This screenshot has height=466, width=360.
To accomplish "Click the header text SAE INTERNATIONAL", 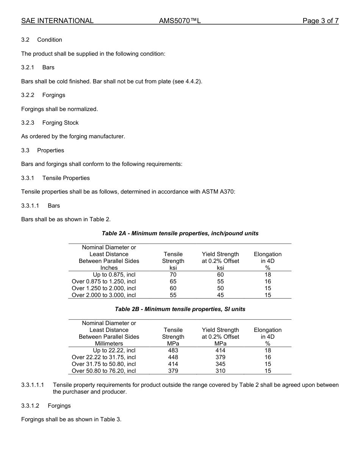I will pos(57,21).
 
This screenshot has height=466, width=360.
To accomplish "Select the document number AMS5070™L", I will pos(180,21).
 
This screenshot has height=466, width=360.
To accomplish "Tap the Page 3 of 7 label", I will pos(320,21).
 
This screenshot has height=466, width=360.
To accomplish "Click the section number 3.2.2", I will pos(28,95).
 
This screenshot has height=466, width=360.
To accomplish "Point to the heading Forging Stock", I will pos(60,123).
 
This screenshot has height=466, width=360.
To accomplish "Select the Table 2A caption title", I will pos(180,233).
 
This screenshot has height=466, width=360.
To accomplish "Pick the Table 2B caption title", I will pos(180,309).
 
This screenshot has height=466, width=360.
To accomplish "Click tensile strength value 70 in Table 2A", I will pos(173,275).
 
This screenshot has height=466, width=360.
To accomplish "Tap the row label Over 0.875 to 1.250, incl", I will pos(104,281).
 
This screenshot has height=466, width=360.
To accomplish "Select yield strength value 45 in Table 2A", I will pos(220,295).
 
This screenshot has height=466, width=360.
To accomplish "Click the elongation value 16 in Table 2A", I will pos(268,281).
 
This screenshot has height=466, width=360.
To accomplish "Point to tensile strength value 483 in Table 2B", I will pos(173,350).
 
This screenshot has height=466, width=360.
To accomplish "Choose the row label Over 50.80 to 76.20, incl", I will pos(104,371).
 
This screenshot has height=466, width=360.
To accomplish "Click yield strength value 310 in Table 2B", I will pos(220,371).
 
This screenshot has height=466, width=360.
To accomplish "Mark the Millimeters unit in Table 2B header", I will pos(109,344).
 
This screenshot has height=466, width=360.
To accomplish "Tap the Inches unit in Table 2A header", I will pos(109,268).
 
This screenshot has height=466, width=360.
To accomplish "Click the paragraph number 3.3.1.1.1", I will pos(33,385).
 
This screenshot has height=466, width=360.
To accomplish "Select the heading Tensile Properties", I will pos(66,178).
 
